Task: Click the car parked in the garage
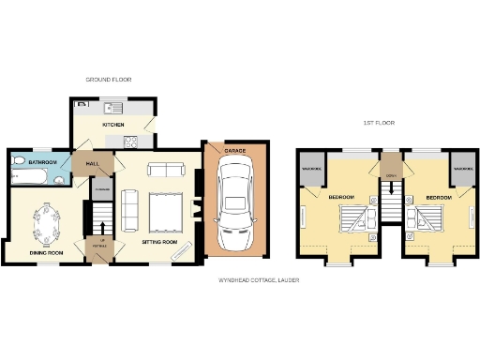[x=233, y=201]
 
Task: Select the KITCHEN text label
[x=113, y=124]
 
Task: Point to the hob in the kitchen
[x=130, y=142]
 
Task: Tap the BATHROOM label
[x=43, y=163]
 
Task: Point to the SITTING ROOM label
[x=158, y=241]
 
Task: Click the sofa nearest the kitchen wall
[x=167, y=170]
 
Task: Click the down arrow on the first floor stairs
[x=391, y=199]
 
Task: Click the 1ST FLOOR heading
[x=381, y=124]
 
